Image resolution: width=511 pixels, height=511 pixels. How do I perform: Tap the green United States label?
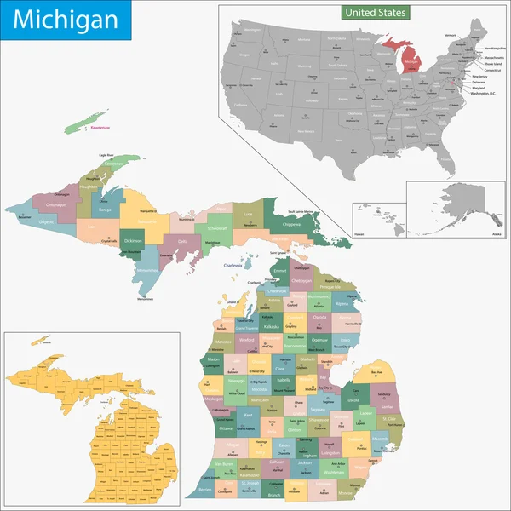[376, 13]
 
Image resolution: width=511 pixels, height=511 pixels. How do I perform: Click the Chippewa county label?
[290, 225]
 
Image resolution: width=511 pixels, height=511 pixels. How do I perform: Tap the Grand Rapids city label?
[245, 428]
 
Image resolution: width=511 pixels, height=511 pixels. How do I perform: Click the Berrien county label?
[205, 491]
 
